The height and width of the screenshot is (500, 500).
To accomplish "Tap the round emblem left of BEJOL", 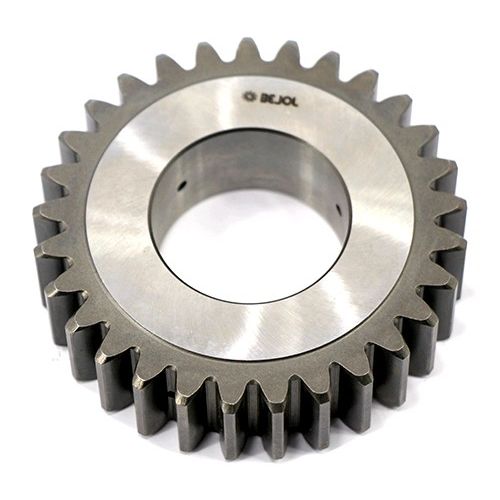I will pyautogui.click(x=249, y=97).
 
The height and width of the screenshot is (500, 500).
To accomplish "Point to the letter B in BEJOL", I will pyautogui.click(x=260, y=97).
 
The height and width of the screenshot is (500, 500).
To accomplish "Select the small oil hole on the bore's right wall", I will pyautogui.click(x=338, y=209).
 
